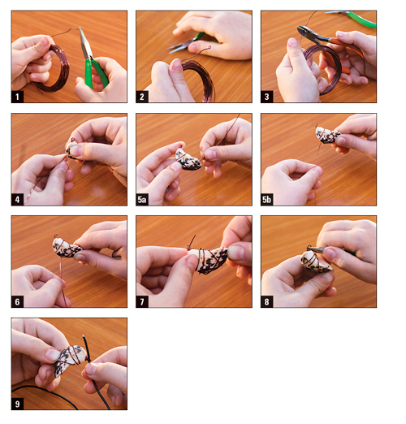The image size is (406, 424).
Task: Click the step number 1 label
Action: (x=17, y=97)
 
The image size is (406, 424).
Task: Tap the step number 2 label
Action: (x=142, y=97)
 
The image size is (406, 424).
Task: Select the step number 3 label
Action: (x=266, y=97)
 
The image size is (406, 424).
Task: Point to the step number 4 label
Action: (x=17, y=200)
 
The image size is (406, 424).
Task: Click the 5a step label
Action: (x=142, y=200)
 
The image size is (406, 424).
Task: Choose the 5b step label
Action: (x=266, y=200)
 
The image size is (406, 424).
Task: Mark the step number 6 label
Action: (x=17, y=301)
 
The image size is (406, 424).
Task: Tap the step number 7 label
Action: (x=142, y=301)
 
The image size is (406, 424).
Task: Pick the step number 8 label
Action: (x=266, y=301)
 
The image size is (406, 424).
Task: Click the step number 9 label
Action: (x=17, y=404)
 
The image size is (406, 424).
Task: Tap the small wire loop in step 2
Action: (x=208, y=49)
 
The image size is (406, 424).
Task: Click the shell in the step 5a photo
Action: (x=188, y=160)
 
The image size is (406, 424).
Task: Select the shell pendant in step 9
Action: (x=70, y=360)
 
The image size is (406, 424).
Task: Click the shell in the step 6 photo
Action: (x=66, y=248)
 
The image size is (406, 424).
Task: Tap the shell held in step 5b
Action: (x=327, y=135)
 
